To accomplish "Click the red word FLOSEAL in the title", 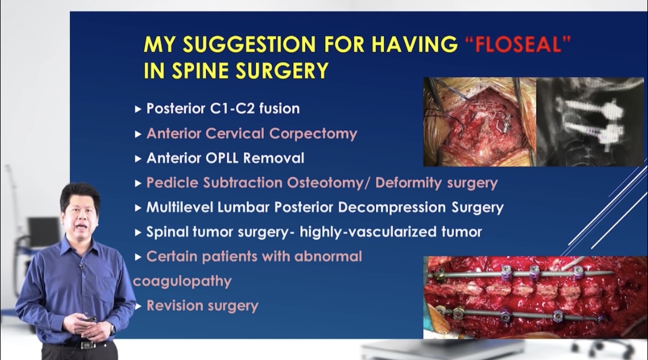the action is pos(518,44).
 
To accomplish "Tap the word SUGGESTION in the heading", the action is pos(250,44).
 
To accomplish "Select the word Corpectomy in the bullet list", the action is pos(313,134).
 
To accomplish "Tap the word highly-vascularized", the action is pos(368,232).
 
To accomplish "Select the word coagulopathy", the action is pos(182,282).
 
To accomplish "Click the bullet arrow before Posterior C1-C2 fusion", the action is pos(138,109).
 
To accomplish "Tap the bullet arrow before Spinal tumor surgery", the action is pos(138,232).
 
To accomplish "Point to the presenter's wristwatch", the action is pos(113,329).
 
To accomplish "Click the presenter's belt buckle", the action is pos(86,344).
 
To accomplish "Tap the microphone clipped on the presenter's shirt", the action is pos(82,266).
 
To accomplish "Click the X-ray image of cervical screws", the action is pos(590,122).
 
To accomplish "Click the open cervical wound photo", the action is pos(480,122).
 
